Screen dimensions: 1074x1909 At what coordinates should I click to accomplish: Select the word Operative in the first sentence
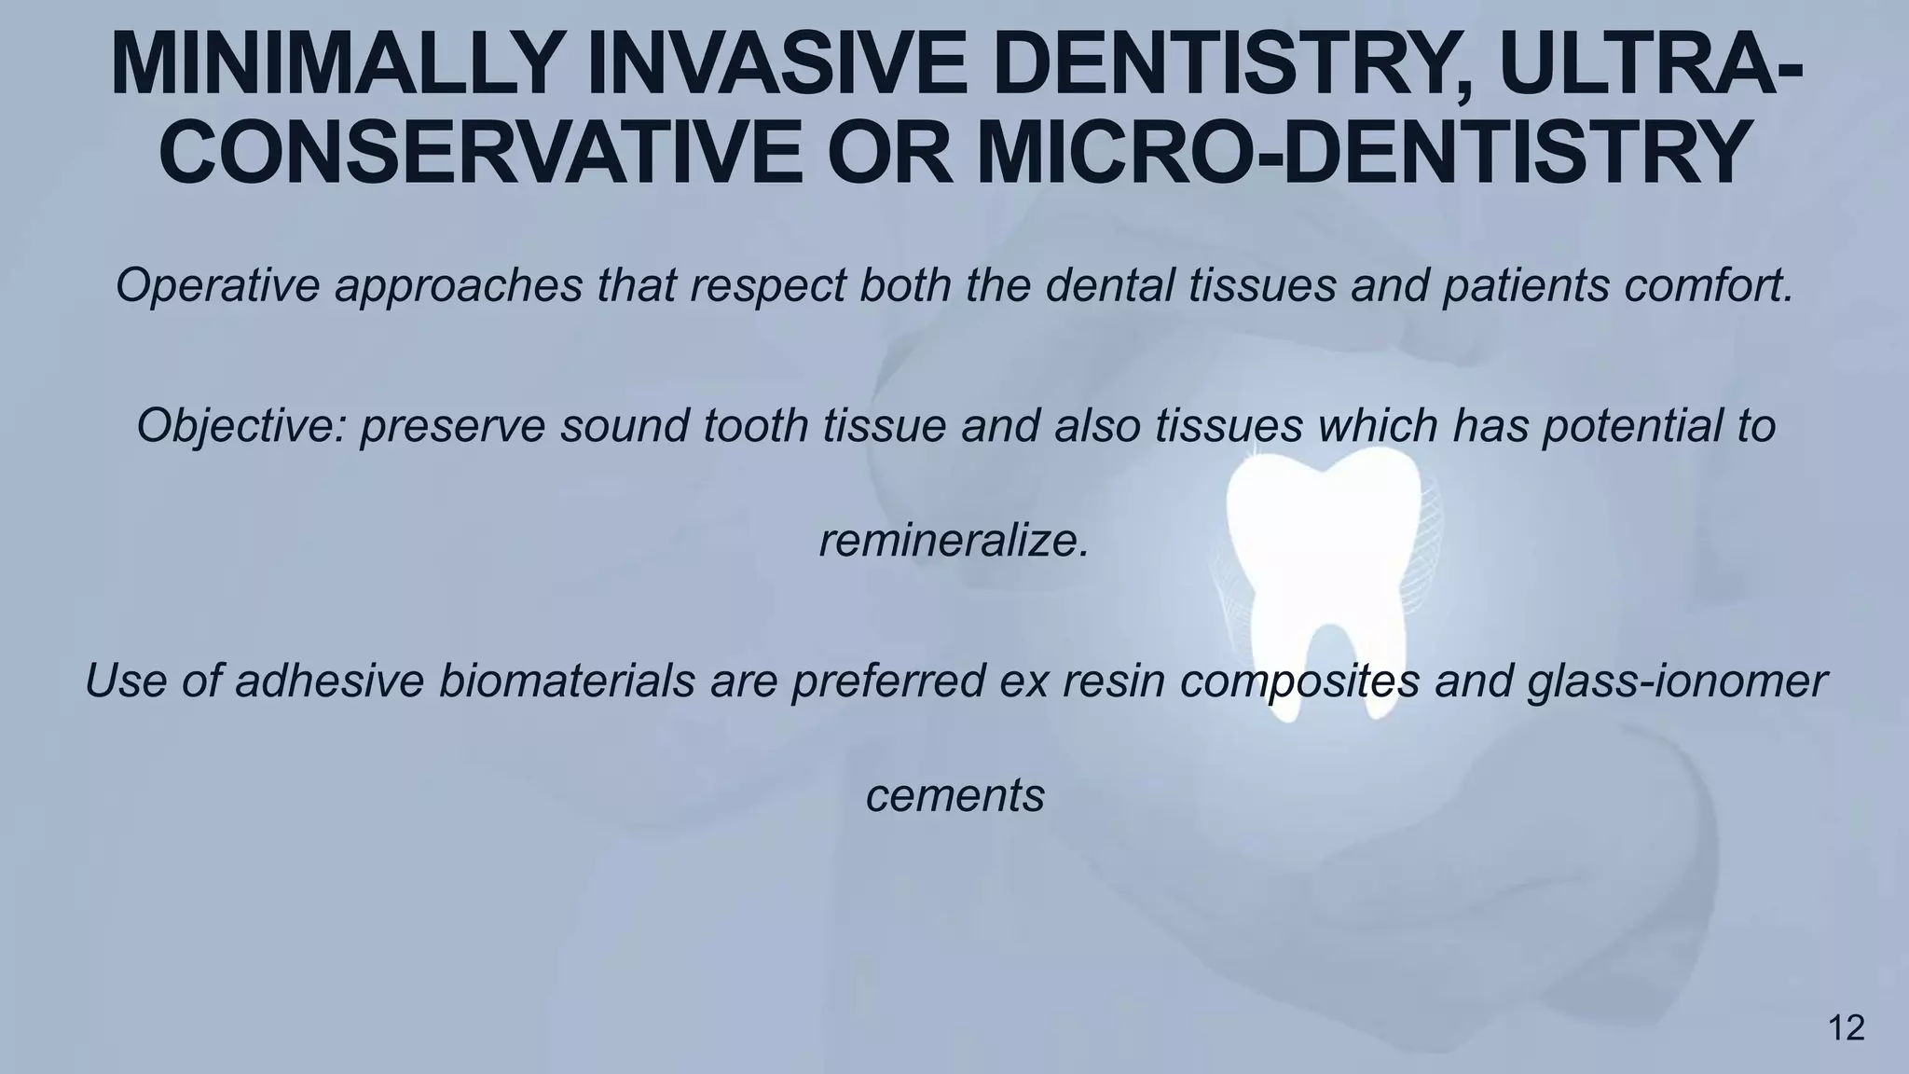tap(217, 285)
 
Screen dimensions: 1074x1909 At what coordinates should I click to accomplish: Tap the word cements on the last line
tap(954, 796)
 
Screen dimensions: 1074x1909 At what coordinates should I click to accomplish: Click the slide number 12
tap(1847, 1029)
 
